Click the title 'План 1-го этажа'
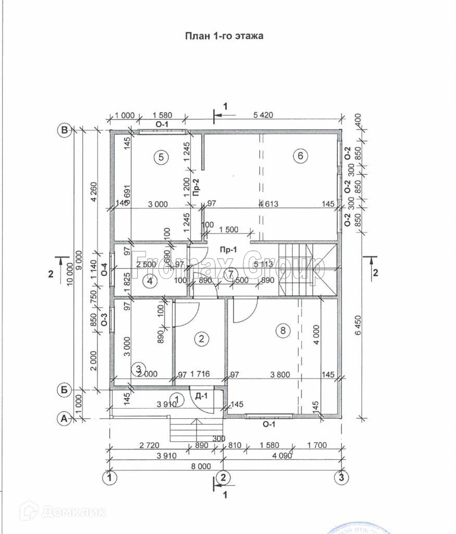point(225,36)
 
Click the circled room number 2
point(201,339)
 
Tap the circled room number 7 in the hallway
point(230,274)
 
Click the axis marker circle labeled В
point(65,130)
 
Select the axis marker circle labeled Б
point(65,389)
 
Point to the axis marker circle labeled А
point(65,418)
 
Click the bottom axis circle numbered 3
point(341,476)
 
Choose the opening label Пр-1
point(228,250)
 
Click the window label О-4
point(104,269)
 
